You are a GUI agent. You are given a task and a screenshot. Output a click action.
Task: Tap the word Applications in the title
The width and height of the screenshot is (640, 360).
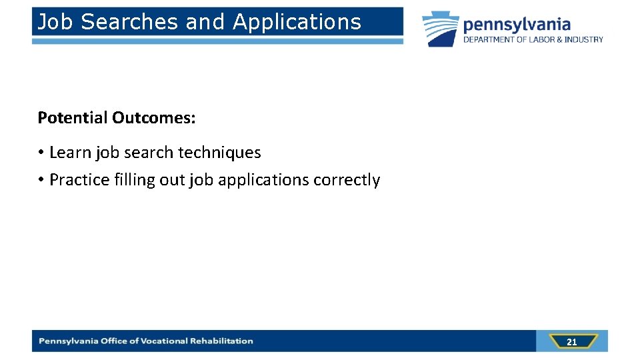[297, 22]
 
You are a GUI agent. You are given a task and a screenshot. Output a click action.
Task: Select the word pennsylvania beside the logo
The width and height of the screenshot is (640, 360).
[517, 25]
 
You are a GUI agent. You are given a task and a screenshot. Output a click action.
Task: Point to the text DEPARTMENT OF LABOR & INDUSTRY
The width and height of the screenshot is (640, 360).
[533, 39]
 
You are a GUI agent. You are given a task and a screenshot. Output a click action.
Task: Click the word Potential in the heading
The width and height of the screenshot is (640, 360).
[73, 118]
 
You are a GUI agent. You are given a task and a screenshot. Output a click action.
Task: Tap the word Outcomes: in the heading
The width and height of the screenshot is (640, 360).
[154, 118]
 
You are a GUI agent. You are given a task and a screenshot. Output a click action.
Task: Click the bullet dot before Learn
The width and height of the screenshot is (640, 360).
[41, 153]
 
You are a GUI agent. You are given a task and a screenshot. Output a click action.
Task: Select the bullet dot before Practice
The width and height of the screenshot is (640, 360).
[41, 180]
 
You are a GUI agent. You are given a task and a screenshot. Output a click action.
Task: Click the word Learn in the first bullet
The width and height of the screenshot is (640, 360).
[70, 153]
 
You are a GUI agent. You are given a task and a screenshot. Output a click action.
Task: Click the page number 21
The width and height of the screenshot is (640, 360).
[571, 342]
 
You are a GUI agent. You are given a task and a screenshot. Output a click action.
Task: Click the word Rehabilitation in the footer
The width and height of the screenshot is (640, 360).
[222, 341]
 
